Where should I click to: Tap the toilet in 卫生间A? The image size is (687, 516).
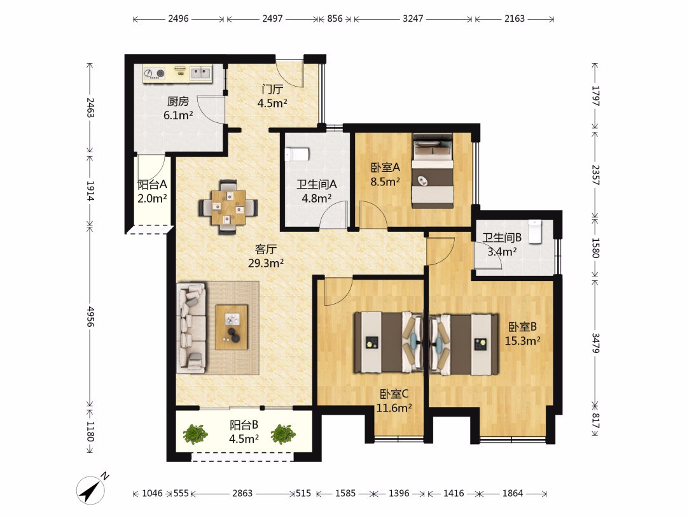296,154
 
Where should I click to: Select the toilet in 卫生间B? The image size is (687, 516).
535,231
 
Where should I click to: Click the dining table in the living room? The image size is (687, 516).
228,207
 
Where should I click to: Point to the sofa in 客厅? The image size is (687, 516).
191,327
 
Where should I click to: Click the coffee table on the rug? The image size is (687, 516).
232,327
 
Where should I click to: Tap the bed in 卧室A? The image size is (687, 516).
433,171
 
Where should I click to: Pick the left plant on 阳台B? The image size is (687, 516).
195,434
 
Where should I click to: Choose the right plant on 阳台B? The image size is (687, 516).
283,434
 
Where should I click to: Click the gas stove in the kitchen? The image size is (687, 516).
154,73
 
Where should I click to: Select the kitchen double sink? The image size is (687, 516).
200,73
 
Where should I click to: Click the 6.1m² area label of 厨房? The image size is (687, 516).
178,115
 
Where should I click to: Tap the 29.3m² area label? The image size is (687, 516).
266,263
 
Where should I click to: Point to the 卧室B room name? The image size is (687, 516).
522,327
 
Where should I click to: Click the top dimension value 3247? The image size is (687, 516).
413,18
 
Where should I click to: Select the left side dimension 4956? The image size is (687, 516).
90,317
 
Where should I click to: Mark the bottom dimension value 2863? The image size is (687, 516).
242,493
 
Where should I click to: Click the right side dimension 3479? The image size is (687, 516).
595,343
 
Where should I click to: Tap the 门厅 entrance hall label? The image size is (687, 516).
272,89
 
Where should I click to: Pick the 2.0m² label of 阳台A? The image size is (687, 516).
152,199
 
